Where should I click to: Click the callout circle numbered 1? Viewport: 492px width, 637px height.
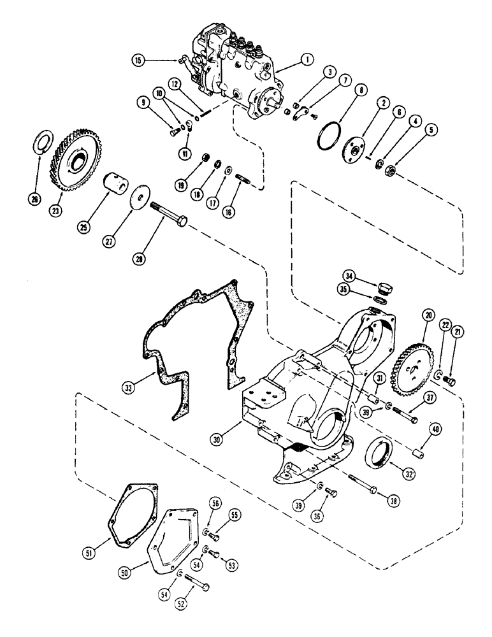307,59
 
